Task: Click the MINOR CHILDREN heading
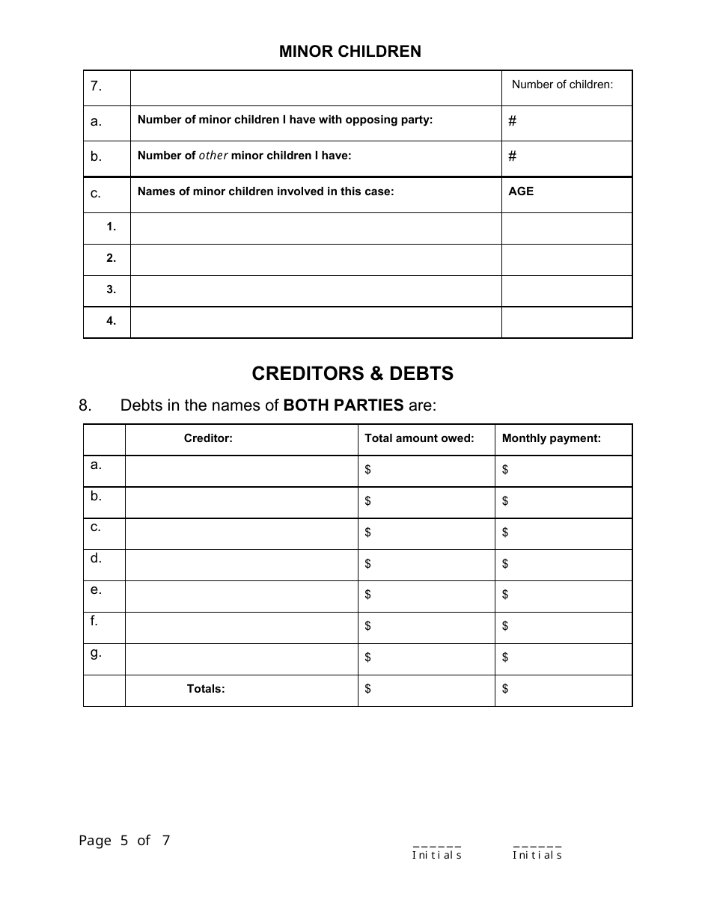click(350, 52)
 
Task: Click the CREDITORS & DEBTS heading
click(353, 373)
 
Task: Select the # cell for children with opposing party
click(567, 122)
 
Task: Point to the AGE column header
click(522, 191)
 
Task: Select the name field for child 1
click(315, 228)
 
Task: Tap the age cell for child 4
click(567, 322)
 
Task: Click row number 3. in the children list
click(111, 290)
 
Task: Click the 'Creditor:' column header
click(208, 439)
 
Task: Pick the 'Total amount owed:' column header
click(419, 439)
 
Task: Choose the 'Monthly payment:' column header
click(552, 439)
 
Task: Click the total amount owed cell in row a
click(427, 470)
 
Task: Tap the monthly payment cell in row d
click(564, 565)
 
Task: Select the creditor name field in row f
click(241, 628)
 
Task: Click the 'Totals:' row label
click(206, 690)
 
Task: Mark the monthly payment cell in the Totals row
click(564, 690)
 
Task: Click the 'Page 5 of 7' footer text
click(125, 841)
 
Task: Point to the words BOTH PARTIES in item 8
click(344, 406)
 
